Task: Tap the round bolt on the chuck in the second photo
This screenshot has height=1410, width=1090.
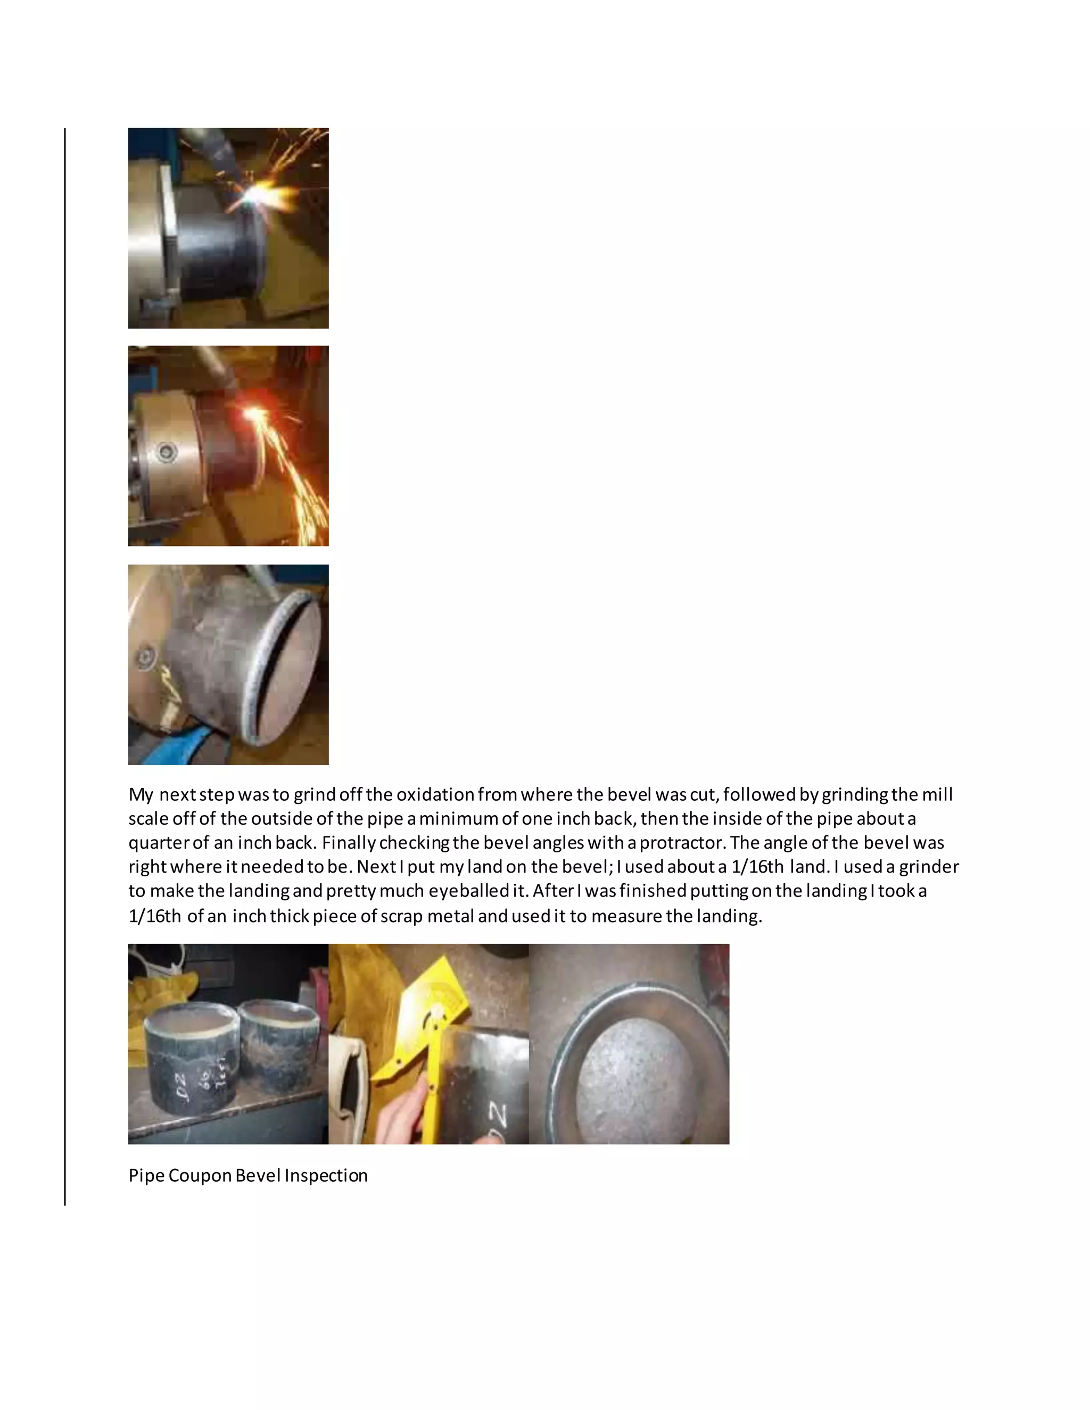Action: pos(168,452)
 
